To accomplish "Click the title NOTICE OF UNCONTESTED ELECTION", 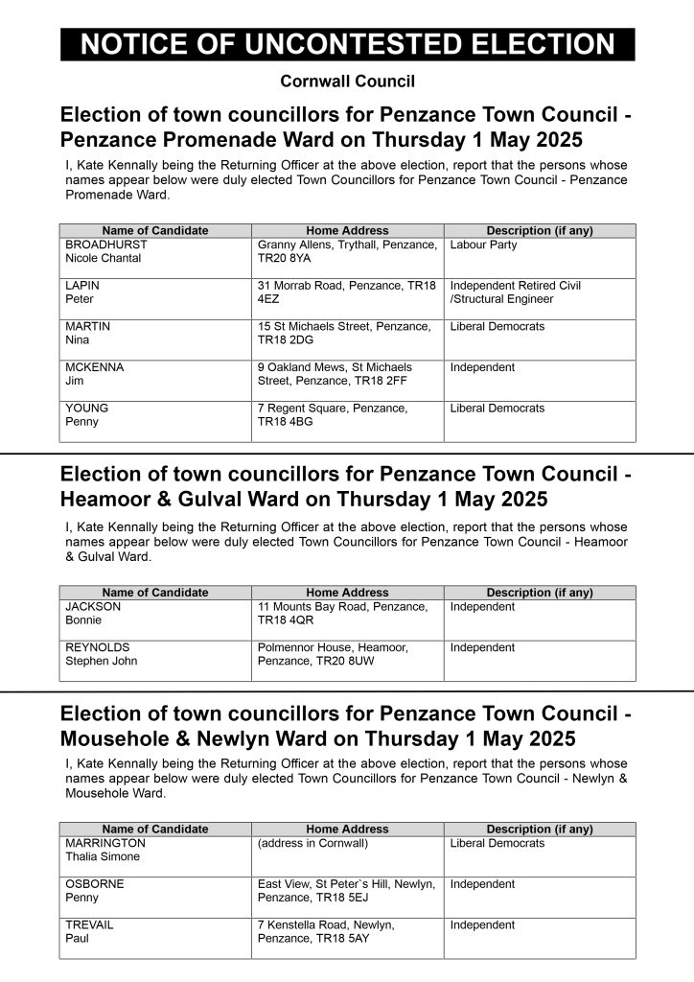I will click(x=347, y=44).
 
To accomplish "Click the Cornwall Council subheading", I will click(x=347, y=82).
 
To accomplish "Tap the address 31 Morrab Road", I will click(x=346, y=292).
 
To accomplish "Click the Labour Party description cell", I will click(x=483, y=245).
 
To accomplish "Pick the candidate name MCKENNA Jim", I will click(x=94, y=374).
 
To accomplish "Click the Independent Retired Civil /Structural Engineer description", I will click(x=515, y=292).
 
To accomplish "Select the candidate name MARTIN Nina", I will click(x=87, y=333).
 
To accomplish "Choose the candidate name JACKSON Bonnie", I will click(x=93, y=614).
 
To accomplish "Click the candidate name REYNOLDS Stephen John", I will click(x=101, y=654).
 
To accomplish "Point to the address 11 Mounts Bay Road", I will click(x=342, y=614).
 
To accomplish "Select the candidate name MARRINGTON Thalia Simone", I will click(x=105, y=850).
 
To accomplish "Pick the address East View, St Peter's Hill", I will click(x=346, y=891).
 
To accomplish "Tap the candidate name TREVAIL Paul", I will click(x=90, y=931).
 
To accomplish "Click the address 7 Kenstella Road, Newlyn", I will click(x=326, y=931).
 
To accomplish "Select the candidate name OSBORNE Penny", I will click(x=94, y=891).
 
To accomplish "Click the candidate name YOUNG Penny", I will click(x=86, y=414).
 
